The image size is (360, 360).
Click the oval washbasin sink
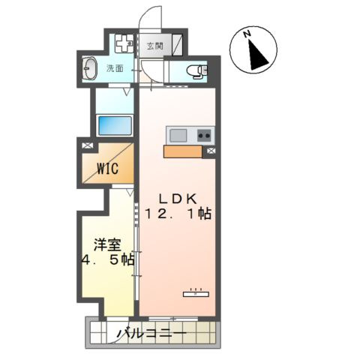90,70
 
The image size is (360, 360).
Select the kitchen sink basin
178,136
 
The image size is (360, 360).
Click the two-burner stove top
203,136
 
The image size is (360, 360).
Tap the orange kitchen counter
182,151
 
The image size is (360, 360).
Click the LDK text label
177,198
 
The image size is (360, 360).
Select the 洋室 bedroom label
106,244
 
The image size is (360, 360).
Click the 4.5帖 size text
108,260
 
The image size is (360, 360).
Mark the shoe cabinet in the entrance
177,45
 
